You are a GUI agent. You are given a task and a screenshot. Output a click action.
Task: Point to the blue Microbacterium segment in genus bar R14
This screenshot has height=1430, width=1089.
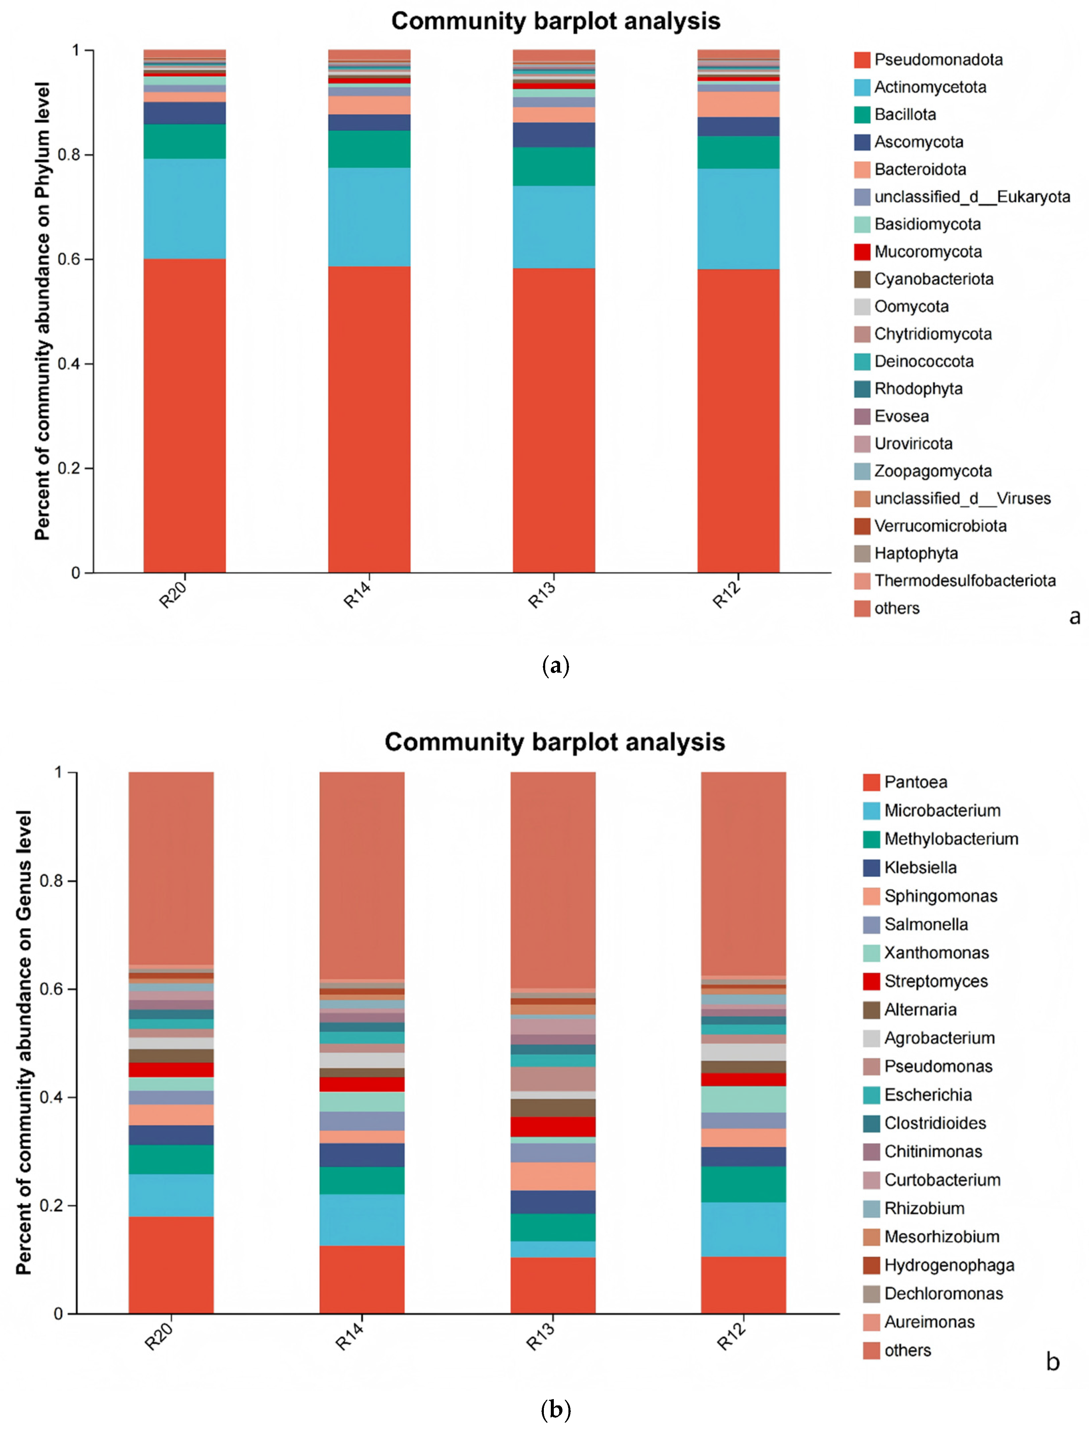tap(362, 1219)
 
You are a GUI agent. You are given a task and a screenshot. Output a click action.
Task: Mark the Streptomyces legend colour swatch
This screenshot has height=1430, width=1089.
tap(871, 981)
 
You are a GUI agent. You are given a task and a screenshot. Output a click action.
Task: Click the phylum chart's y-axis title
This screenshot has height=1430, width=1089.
tap(42, 311)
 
